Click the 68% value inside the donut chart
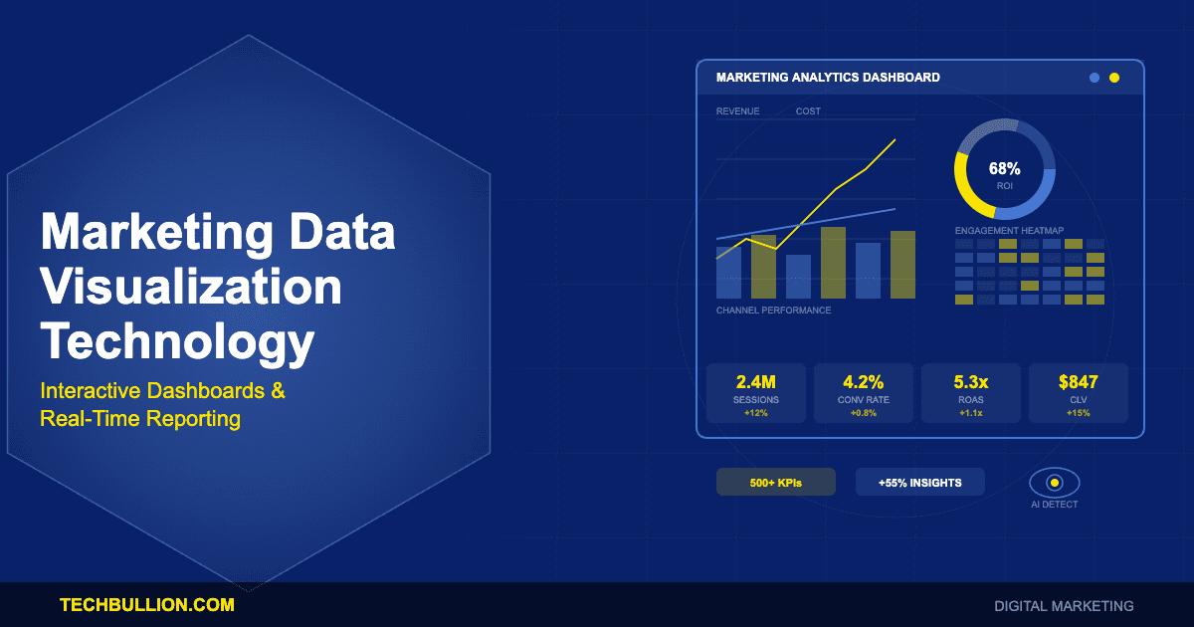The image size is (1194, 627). point(1004,168)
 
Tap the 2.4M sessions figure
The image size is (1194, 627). point(755,381)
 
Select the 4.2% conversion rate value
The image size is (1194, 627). point(863,381)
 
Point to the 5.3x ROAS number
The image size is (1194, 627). point(970,381)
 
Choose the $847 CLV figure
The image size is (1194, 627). point(1078,381)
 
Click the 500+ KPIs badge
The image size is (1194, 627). point(776,483)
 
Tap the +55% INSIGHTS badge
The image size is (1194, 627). point(919,483)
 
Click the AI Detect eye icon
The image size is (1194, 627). point(1055,483)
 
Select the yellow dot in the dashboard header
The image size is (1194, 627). point(1114,78)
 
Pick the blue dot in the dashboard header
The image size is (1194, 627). point(1094,78)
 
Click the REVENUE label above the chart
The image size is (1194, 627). point(737,111)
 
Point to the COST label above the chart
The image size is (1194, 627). point(808,111)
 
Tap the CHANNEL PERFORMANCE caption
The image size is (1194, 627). point(773,311)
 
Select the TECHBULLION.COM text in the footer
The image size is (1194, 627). point(147,604)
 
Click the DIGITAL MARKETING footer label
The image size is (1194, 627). point(1064,605)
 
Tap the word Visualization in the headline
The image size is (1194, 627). point(190,289)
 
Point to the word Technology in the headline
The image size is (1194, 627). point(177,342)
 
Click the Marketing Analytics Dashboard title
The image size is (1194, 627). point(828,78)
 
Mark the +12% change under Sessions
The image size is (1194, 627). point(755,413)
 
